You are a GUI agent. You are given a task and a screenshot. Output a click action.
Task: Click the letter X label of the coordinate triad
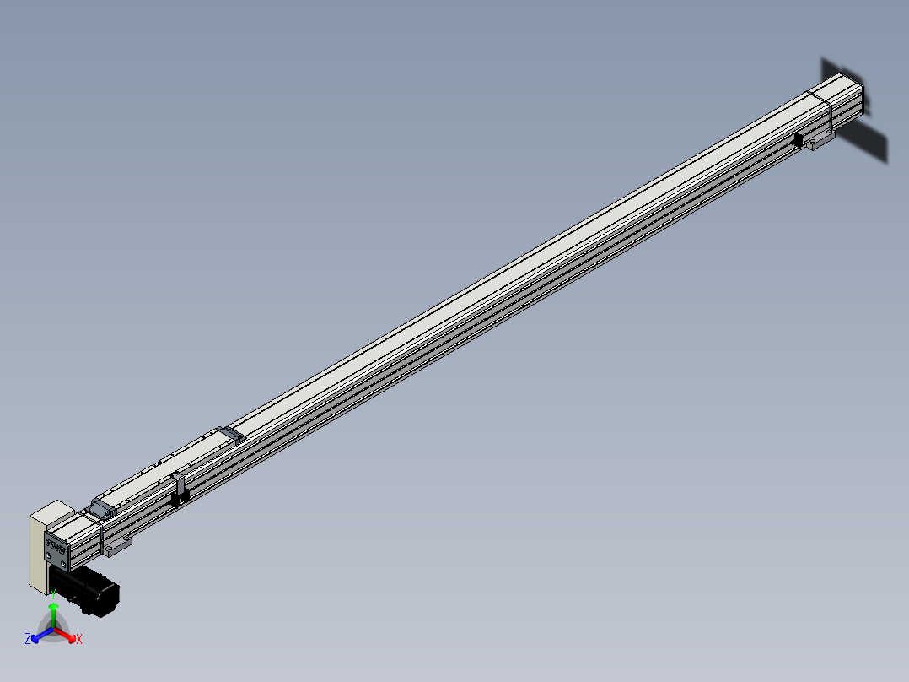[x=79, y=639]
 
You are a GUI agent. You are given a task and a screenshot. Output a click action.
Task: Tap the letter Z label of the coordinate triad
[x=28, y=639]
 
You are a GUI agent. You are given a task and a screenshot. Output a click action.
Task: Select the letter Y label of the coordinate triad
[x=53, y=594]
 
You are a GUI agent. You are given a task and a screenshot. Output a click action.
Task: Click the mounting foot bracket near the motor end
[x=117, y=546]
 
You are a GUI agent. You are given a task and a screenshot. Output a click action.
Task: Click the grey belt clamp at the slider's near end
[x=102, y=508]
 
